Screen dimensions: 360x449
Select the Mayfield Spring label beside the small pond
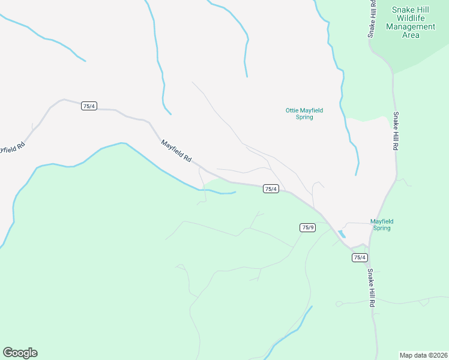[x=382, y=224]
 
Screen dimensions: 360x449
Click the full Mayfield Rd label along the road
[x=176, y=151]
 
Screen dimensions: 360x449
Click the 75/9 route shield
[x=307, y=227]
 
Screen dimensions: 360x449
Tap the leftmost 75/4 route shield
[x=89, y=106]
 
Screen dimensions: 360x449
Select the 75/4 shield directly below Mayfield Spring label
[x=359, y=257]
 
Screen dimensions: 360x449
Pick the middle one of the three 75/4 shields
[x=271, y=189]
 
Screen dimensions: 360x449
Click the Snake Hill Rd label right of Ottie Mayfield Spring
[x=396, y=131]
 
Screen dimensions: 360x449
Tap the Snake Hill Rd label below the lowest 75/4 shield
[x=371, y=288]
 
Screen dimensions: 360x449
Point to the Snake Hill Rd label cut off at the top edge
[x=372, y=18]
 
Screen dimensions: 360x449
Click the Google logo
[x=20, y=353]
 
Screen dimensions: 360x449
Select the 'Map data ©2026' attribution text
[x=423, y=355]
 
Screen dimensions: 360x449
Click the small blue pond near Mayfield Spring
[x=342, y=233]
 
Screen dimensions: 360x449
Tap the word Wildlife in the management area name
[x=414, y=18]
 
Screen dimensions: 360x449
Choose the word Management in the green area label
[x=411, y=26]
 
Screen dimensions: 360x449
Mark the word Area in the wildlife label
[x=411, y=35]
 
